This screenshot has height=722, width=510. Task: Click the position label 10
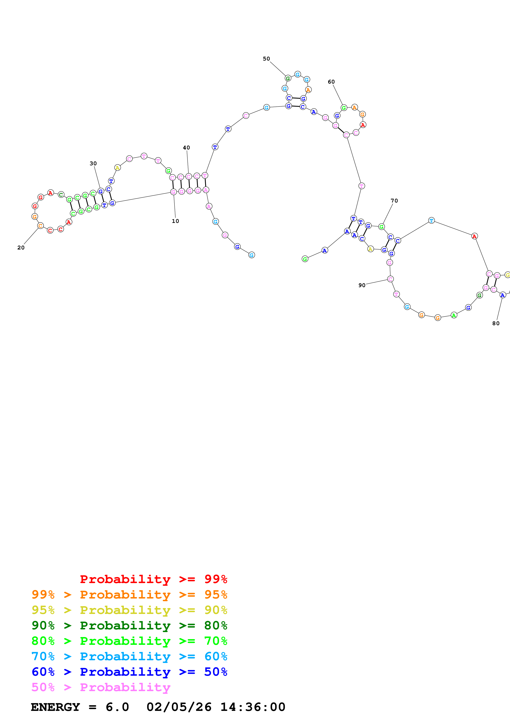click(x=175, y=221)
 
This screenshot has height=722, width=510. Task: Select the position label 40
click(x=186, y=148)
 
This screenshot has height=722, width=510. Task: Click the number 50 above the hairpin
click(x=266, y=59)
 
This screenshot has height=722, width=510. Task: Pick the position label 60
click(x=331, y=82)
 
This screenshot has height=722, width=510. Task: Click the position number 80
click(x=496, y=323)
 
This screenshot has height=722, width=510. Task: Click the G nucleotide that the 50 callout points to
click(x=288, y=78)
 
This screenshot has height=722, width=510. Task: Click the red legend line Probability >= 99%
click(x=153, y=579)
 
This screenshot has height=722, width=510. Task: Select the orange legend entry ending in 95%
click(x=129, y=594)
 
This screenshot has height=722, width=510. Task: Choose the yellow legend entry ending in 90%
click(x=129, y=610)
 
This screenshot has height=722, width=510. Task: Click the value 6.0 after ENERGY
click(x=117, y=707)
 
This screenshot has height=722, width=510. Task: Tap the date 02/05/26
click(x=179, y=707)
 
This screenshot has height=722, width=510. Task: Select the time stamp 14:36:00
click(x=253, y=707)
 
